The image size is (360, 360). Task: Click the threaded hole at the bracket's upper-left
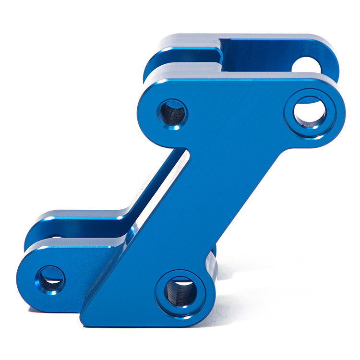[172, 114]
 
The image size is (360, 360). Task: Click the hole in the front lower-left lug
[50, 280]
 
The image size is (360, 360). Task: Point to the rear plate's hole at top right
[306, 64]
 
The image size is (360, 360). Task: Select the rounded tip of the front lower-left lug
[22, 283]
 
